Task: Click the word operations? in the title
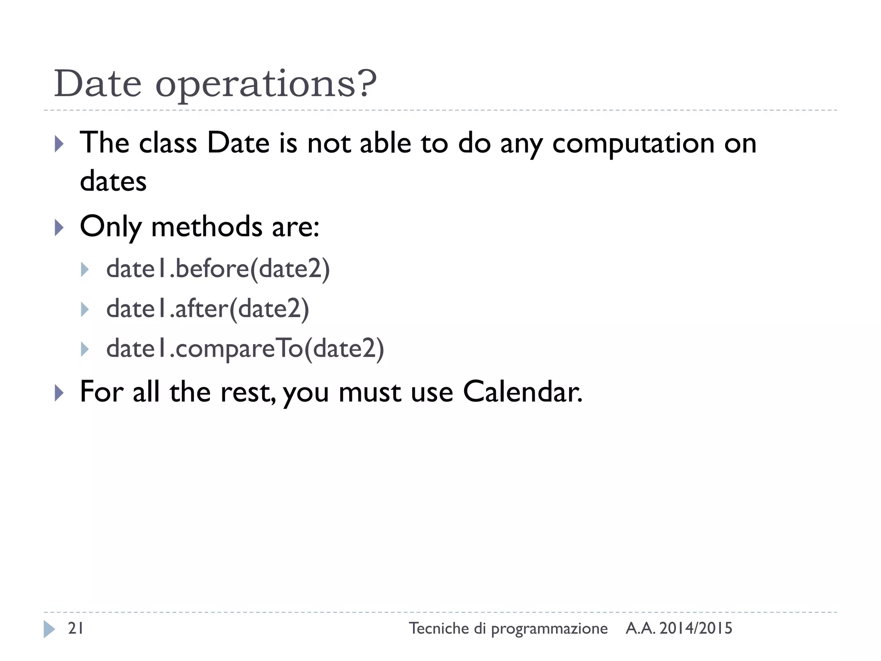tap(265, 85)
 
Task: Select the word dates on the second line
tap(113, 181)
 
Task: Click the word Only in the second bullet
tap(111, 227)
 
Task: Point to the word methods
tap(206, 227)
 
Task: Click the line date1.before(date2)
tap(218, 269)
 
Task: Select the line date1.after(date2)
tap(207, 309)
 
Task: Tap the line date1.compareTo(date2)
tap(245, 348)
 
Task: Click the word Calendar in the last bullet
tap(522, 392)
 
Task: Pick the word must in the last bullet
tap(370, 393)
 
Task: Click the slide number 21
tap(76, 629)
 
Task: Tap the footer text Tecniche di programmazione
tap(508, 629)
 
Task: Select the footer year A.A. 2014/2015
tap(678, 629)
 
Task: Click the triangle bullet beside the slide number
tap(49, 629)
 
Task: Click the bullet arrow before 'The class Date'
tap(59, 144)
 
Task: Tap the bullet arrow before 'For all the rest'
tap(59, 393)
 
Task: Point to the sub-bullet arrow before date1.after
tap(85, 309)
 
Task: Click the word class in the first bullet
tap(168, 143)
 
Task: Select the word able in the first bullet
tap(385, 143)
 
